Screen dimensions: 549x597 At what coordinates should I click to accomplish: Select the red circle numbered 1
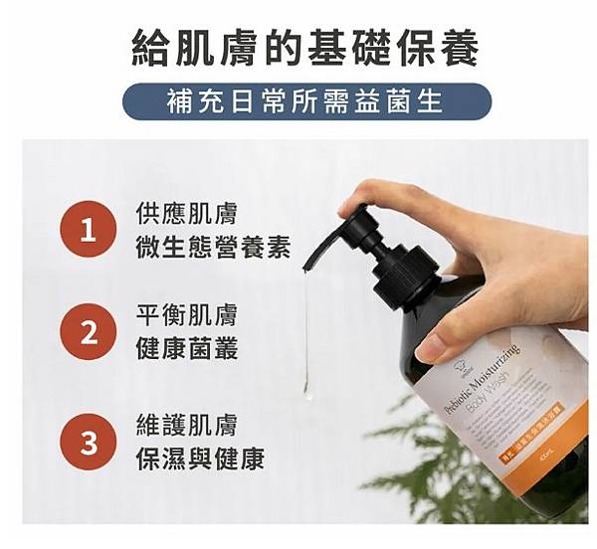point(89,231)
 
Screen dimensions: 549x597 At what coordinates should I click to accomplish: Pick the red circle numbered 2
point(89,333)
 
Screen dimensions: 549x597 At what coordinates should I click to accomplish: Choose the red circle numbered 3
point(89,441)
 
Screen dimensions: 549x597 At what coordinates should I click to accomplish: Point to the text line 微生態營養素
point(212,248)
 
